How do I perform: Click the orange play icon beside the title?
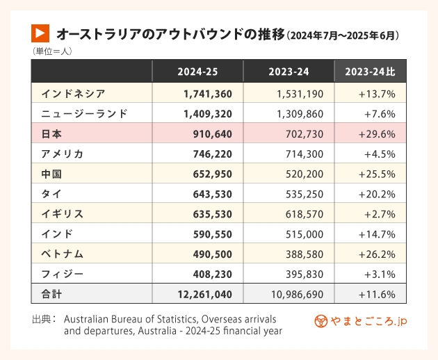[41, 33]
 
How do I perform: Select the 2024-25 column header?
[197, 72]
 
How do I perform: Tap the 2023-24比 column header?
[371, 72]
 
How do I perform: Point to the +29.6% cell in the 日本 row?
[377, 133]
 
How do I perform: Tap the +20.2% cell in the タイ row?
[377, 194]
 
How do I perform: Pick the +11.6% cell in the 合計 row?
[377, 295]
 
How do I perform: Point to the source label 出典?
[44, 318]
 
